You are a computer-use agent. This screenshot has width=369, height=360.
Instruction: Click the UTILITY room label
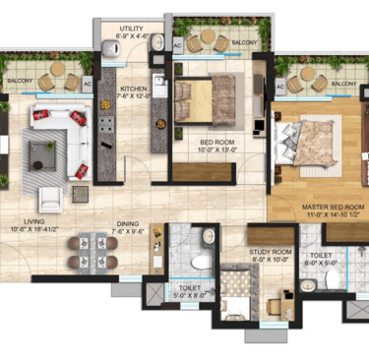[x=130, y=30]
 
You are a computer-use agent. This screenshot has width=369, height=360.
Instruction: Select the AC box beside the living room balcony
[x=88, y=86]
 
